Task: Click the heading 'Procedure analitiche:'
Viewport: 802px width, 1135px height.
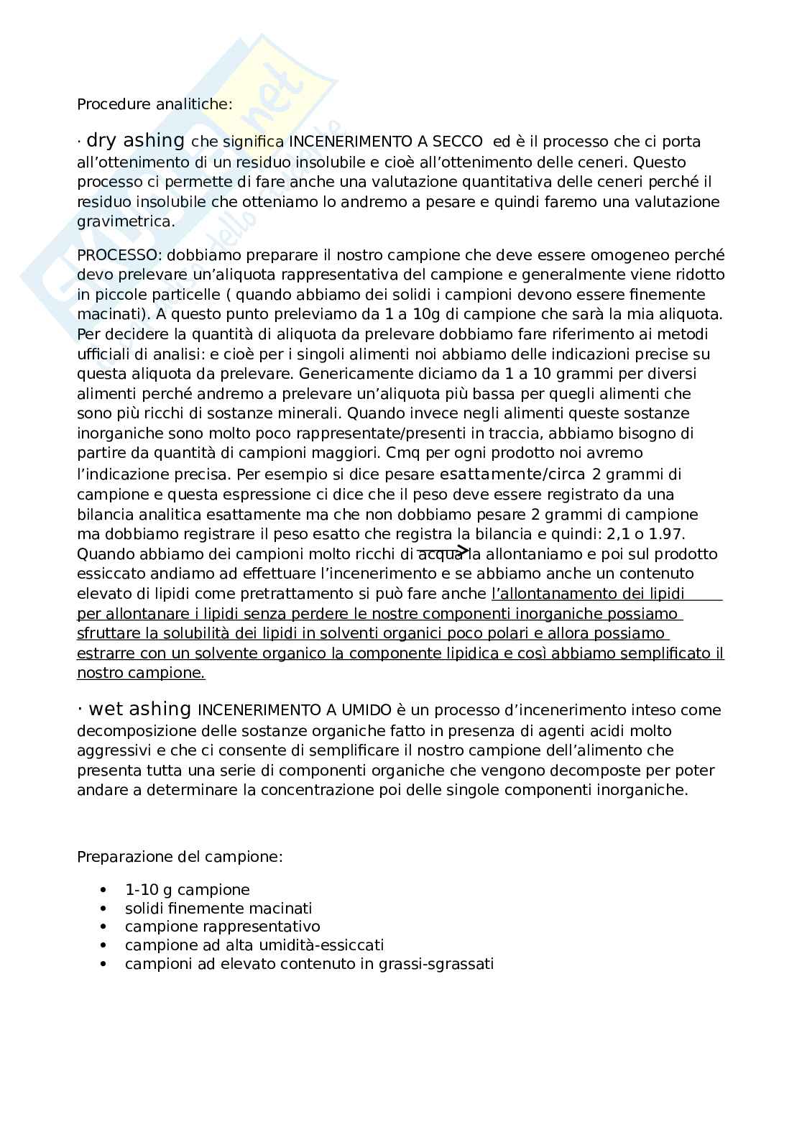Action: click(x=155, y=104)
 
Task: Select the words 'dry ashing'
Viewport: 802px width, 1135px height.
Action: click(x=135, y=141)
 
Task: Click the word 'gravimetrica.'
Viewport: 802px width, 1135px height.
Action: click(x=126, y=221)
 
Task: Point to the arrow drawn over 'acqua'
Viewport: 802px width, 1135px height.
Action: click(x=443, y=550)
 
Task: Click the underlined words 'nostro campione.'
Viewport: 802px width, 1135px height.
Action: click(x=141, y=674)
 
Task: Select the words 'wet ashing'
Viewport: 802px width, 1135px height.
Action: click(x=139, y=709)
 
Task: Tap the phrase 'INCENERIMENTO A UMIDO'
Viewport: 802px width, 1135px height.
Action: click(x=295, y=711)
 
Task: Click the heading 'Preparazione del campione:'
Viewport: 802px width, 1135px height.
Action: click(x=180, y=857)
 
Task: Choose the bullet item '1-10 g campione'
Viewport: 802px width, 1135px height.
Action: click(x=187, y=890)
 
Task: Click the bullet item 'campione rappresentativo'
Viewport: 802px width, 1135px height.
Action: click(x=222, y=927)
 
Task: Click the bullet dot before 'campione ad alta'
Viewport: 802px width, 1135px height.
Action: click(x=106, y=945)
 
